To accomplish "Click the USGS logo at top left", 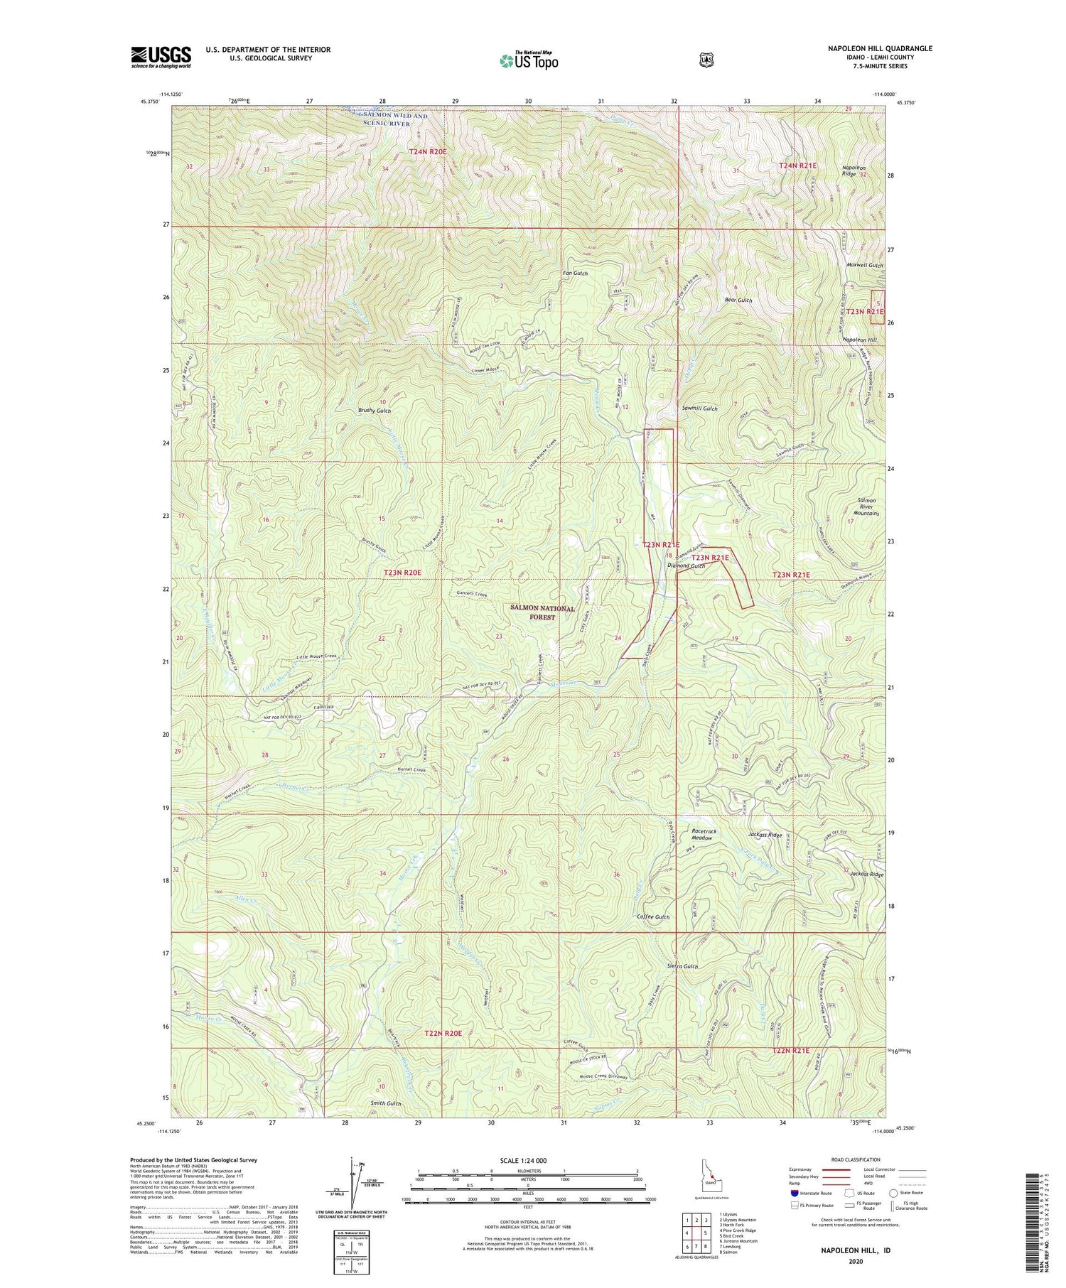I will (x=161, y=57).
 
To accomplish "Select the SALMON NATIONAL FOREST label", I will (x=542, y=613).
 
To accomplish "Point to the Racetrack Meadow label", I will (x=704, y=834).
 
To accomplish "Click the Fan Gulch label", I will (x=575, y=274).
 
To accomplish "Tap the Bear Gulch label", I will (x=738, y=301).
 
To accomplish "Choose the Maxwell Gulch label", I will (x=864, y=265).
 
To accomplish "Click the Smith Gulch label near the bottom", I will (x=386, y=1103).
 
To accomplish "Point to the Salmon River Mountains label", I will (x=866, y=507).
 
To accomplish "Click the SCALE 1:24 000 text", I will (x=527, y=1160).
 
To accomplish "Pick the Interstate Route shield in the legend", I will (x=794, y=1193).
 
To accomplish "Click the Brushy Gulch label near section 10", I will (x=375, y=411).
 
